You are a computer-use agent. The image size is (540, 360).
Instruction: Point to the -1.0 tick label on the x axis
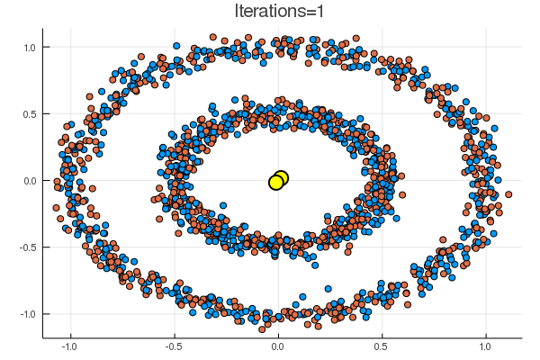(69, 346)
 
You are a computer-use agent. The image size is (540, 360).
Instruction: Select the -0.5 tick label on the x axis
(173, 346)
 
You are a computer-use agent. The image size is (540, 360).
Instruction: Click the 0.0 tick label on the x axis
(278, 346)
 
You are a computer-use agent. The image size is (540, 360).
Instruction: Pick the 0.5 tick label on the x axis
(382, 346)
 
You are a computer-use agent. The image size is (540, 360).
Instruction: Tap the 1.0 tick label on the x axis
(486, 346)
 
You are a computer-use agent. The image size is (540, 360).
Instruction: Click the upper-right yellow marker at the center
(281, 177)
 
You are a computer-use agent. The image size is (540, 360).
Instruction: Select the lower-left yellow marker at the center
(275, 183)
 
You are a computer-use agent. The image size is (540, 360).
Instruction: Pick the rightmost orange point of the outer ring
(508, 193)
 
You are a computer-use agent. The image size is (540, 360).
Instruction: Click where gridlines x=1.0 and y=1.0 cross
(486, 47)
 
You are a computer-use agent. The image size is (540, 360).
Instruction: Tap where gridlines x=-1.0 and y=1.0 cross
(69, 47)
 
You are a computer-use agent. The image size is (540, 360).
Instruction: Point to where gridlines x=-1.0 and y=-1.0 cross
(69, 313)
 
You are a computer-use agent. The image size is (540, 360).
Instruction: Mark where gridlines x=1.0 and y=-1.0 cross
(486, 313)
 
